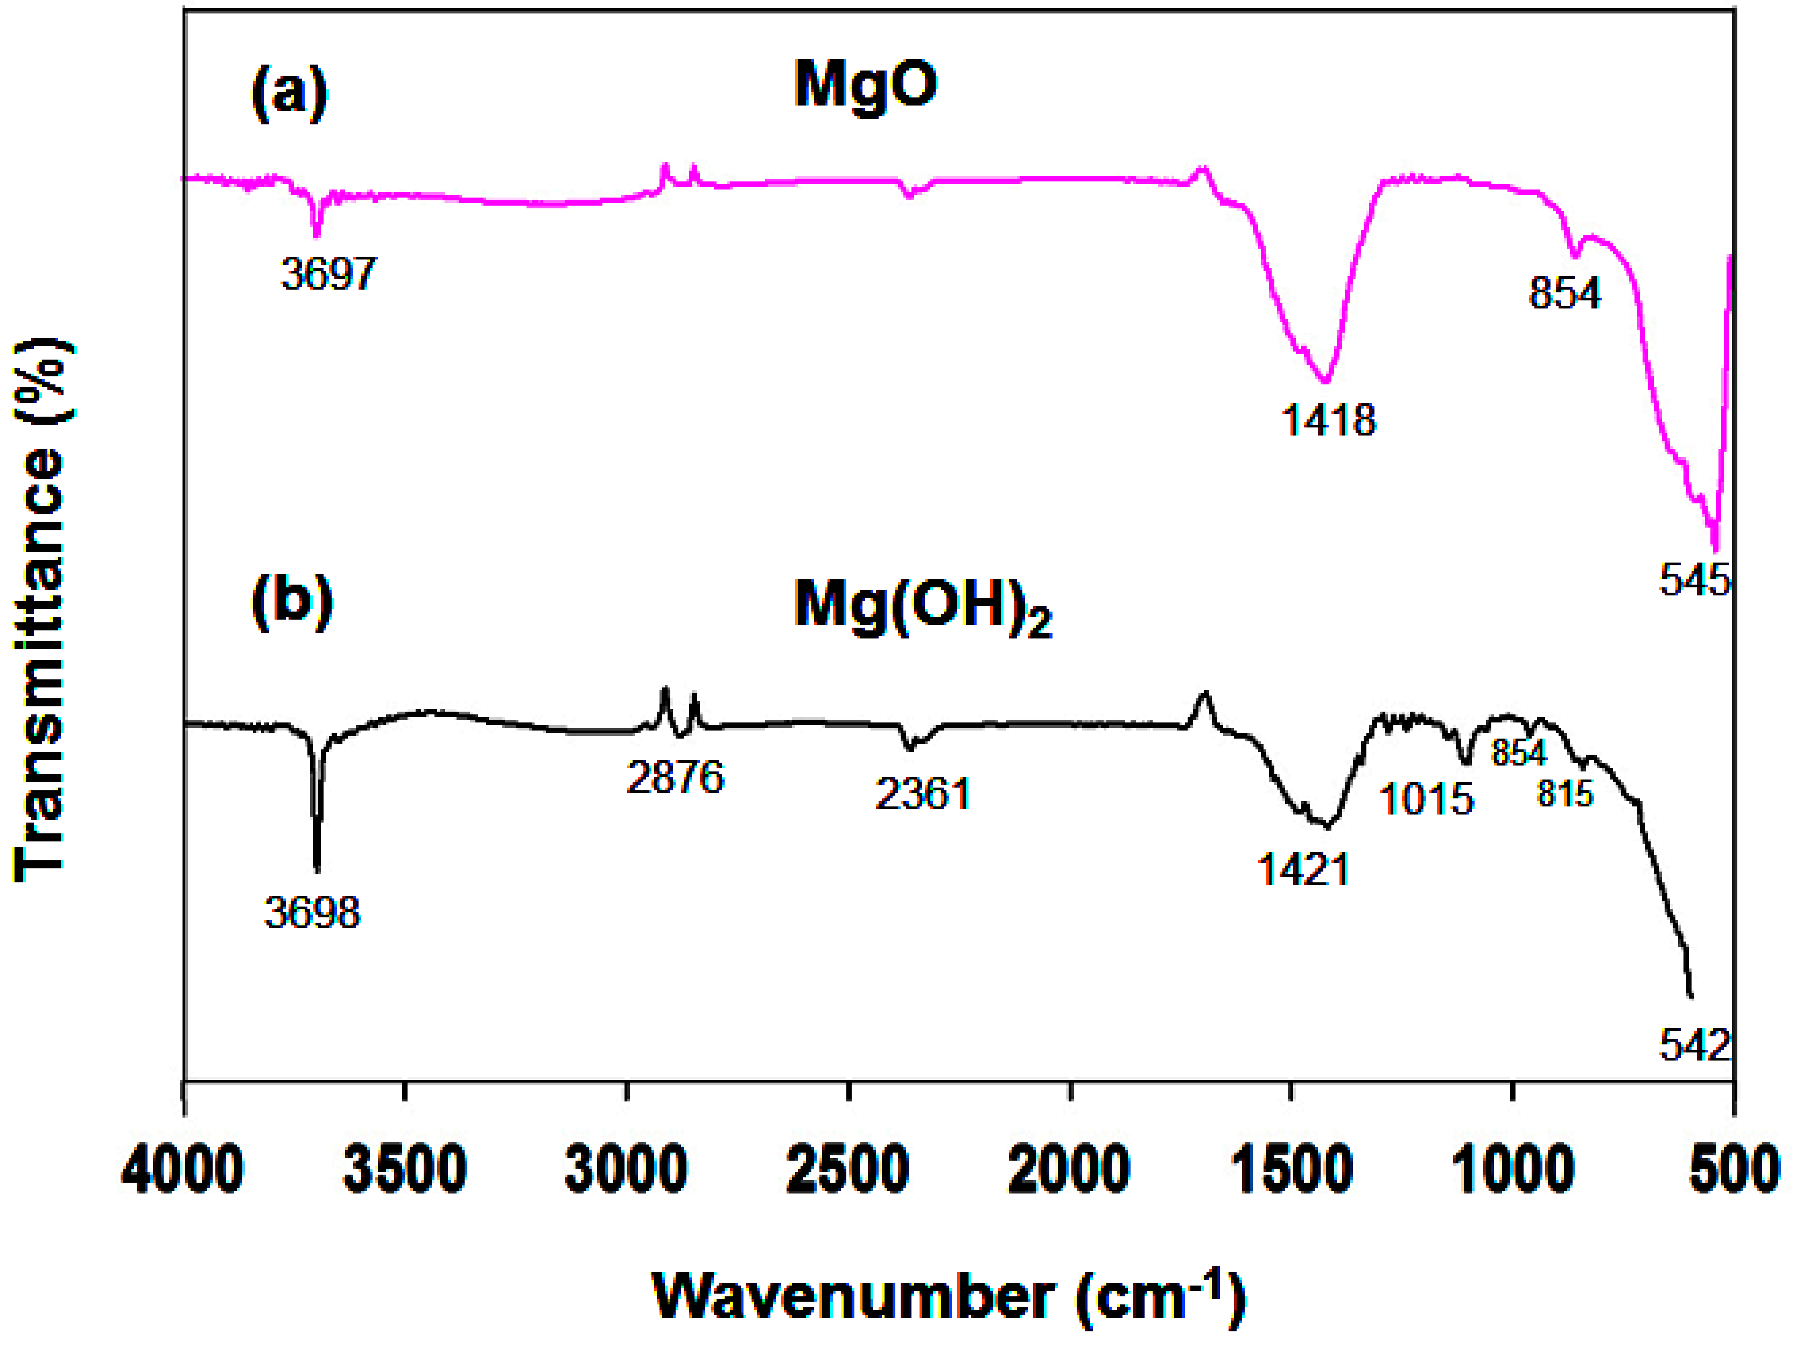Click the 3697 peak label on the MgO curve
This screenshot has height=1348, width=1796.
[x=329, y=273]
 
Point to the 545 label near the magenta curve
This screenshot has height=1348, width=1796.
[x=1694, y=581]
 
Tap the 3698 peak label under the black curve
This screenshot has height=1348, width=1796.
[x=312, y=912]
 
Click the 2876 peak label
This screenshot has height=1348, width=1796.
[x=675, y=778]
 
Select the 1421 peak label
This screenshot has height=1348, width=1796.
[x=1303, y=870]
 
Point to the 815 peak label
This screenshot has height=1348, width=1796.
[x=1565, y=794]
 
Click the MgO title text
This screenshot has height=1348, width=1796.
[x=866, y=85]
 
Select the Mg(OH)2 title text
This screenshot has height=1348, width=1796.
[x=922, y=607]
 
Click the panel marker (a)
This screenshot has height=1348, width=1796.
[x=289, y=93]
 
